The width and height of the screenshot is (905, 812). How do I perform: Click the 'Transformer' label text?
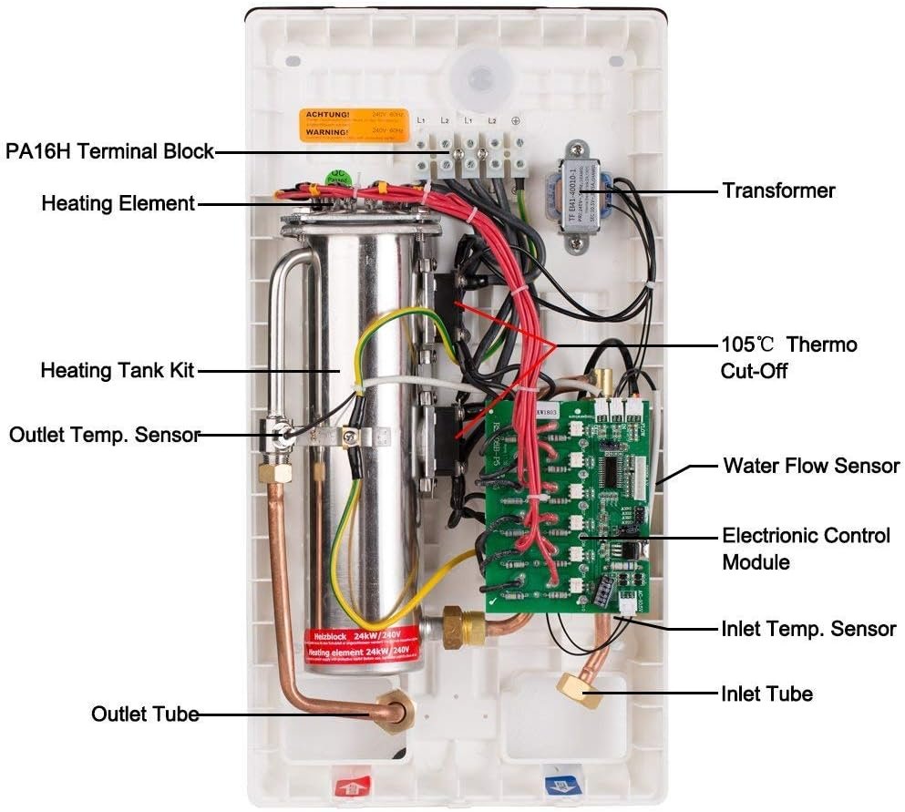tap(778, 190)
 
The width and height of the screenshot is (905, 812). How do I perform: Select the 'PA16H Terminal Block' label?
tap(110, 151)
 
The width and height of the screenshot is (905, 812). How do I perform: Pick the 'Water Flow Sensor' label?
tap(811, 466)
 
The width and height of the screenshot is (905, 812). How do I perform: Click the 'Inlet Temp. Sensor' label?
tap(808, 629)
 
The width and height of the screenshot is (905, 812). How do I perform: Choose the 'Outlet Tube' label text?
tap(145, 714)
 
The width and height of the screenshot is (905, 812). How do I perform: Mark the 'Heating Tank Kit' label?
tap(118, 371)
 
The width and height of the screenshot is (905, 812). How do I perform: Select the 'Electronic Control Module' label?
tap(806, 548)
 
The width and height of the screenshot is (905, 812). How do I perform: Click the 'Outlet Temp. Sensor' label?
tap(104, 435)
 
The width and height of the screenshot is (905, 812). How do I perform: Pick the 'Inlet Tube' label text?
tap(766, 694)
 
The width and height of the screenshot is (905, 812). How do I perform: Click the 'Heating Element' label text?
tap(118, 203)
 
